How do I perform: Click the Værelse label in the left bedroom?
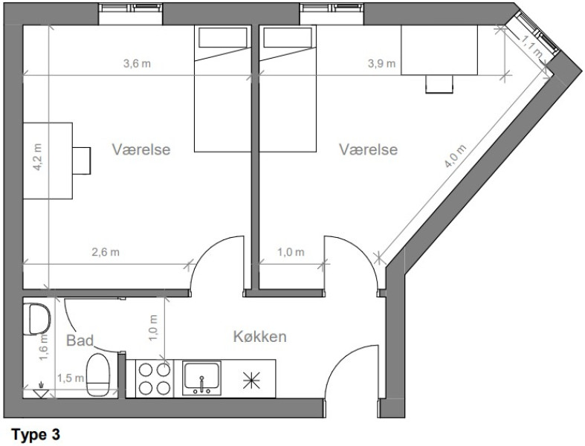[x=141, y=149]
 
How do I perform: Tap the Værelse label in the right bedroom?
[x=368, y=149]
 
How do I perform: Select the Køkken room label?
[x=260, y=337]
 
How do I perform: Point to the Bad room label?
[x=80, y=340]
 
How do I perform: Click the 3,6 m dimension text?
[x=137, y=63]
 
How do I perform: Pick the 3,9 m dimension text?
[x=381, y=63]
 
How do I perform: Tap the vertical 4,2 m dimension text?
[x=38, y=157]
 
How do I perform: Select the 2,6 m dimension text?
[x=106, y=252]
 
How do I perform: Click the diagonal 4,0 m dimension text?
[x=455, y=156]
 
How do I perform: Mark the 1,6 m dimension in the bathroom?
[x=44, y=347]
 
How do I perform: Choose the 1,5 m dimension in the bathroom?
[x=71, y=378]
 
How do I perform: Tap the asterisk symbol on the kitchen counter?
[x=251, y=381]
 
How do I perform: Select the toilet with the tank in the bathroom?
[x=98, y=375]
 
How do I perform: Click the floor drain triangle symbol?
[x=41, y=392]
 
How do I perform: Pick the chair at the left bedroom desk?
[x=81, y=161]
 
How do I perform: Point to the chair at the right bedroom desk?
[x=439, y=84]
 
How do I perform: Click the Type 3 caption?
[x=36, y=435]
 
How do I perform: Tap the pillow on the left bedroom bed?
[x=223, y=37]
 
